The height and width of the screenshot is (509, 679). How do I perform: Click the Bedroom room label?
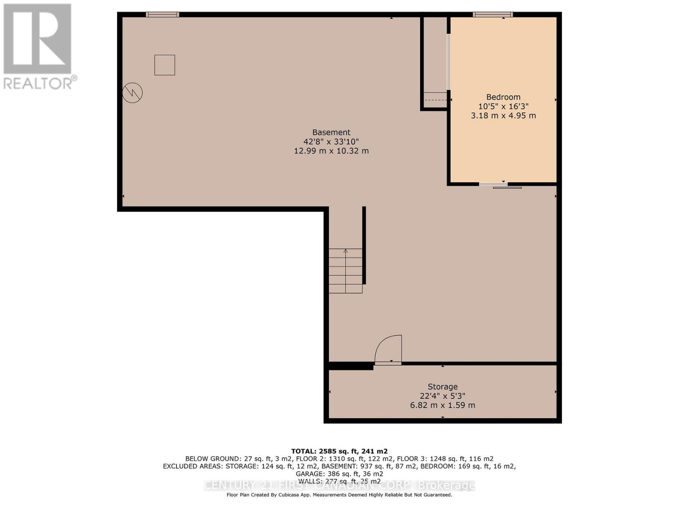pos(503,97)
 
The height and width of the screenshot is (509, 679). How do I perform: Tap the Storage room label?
pos(443,387)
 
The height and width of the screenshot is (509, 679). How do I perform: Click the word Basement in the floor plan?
pos(331,132)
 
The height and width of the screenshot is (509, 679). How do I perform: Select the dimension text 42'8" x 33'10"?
pos(331,142)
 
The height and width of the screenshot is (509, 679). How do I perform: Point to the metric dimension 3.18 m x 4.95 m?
pos(503,115)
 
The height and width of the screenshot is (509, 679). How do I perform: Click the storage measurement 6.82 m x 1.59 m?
pos(443,405)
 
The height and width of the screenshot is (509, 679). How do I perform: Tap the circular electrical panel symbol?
pos(132,92)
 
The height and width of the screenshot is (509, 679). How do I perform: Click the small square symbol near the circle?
pos(165,65)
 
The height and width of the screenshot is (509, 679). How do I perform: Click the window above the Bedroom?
pos(493,14)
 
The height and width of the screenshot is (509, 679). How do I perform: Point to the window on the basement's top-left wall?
pos(162,14)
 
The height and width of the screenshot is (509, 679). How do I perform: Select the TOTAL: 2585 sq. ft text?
pos(339,451)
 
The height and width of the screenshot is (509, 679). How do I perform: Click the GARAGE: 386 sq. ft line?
pos(339,474)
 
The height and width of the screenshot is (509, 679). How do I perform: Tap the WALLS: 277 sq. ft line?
pos(339,481)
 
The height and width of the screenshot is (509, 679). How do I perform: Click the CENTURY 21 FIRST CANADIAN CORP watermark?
pos(339,485)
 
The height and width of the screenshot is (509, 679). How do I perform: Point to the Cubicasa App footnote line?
pos(339,495)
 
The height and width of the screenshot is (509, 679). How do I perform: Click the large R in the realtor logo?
pos(37,39)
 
